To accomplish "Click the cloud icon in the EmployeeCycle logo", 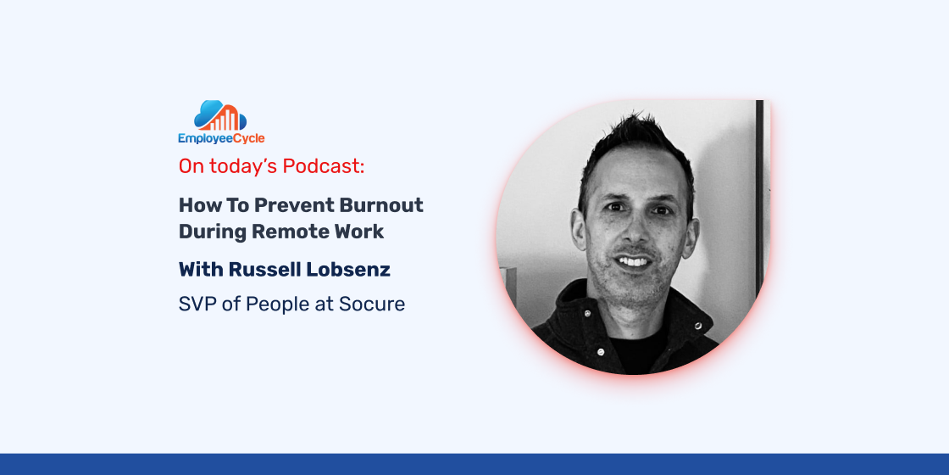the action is click(220, 115).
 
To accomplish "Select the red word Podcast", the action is click(326, 166).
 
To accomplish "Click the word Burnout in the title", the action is click(381, 204).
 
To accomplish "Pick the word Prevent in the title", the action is click(293, 204).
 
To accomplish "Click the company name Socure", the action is click(372, 304).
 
